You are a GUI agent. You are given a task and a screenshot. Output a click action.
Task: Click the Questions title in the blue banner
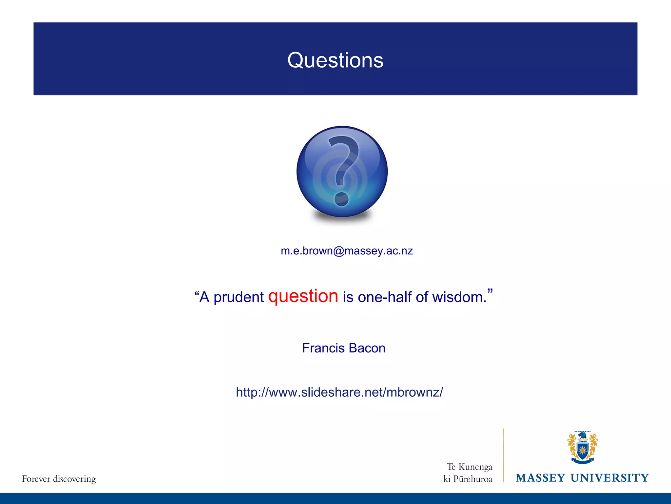point(335,60)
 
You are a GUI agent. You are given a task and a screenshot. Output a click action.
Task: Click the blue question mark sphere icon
point(342,171)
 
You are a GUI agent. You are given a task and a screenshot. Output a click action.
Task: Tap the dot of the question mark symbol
point(341,199)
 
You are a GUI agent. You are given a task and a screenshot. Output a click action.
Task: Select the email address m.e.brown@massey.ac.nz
point(347,251)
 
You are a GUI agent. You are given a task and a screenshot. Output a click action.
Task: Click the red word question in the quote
point(303,296)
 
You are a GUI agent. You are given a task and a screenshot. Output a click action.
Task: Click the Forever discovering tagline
point(59,479)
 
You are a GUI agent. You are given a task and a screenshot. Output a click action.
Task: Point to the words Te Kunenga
point(470,467)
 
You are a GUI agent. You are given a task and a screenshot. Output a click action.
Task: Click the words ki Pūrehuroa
point(468,479)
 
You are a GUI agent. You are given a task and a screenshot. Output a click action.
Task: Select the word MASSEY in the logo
point(540,478)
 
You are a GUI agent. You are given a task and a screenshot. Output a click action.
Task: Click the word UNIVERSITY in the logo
point(609,478)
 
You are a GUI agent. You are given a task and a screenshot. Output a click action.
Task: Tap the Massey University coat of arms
point(582,448)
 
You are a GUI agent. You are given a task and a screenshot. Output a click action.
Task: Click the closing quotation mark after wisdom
point(490,291)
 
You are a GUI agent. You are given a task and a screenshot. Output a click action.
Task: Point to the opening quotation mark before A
point(197,293)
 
